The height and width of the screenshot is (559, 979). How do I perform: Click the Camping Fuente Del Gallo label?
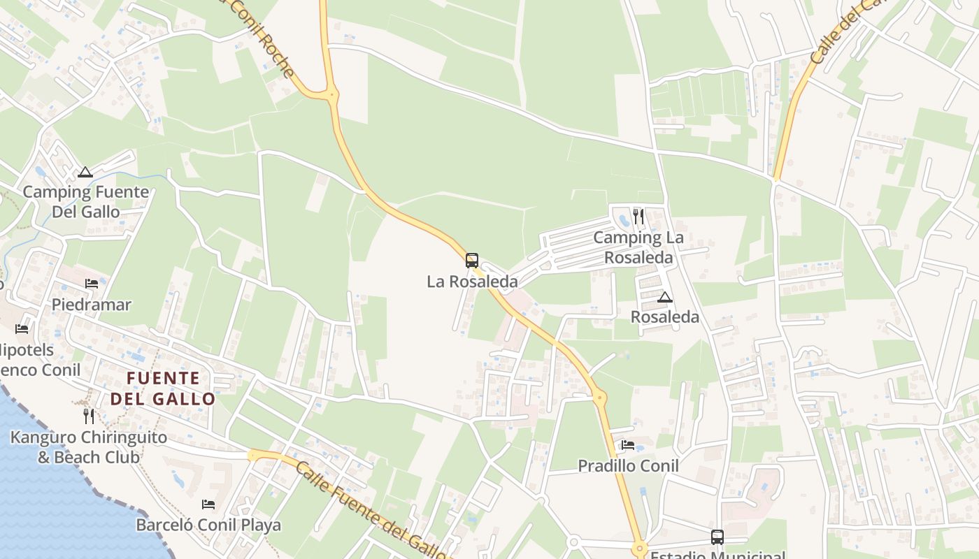[x=85, y=201]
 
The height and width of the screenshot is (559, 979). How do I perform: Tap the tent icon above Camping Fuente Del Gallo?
[x=85, y=172]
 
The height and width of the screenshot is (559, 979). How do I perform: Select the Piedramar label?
[x=92, y=305]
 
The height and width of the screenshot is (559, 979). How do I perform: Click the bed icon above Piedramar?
[x=92, y=283]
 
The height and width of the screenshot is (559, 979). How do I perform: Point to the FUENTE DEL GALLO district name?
[x=163, y=389]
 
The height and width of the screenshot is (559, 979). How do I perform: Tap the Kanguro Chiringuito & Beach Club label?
[x=89, y=447]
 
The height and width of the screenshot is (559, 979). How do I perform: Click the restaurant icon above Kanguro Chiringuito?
[x=89, y=416]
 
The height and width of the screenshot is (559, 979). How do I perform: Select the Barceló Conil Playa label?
[x=208, y=525]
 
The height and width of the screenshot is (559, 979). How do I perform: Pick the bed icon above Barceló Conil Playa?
[x=208, y=504]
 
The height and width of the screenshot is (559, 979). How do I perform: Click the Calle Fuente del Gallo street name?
[x=371, y=510]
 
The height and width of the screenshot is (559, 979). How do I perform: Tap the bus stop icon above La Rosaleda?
[x=472, y=261]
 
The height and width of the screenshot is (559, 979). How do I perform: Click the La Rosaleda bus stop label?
[x=473, y=282]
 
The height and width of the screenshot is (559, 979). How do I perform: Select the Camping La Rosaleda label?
[x=638, y=247]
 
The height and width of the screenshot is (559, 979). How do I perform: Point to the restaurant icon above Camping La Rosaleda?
[x=638, y=217]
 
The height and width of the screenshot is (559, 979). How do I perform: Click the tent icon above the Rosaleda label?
[x=665, y=298]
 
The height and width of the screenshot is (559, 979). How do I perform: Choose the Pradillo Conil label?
[x=628, y=466]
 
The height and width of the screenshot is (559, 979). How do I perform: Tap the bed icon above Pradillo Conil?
[x=628, y=445]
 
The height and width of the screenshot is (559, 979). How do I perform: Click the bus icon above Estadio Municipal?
[x=717, y=537]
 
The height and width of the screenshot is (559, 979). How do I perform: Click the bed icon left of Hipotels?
[x=22, y=328]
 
